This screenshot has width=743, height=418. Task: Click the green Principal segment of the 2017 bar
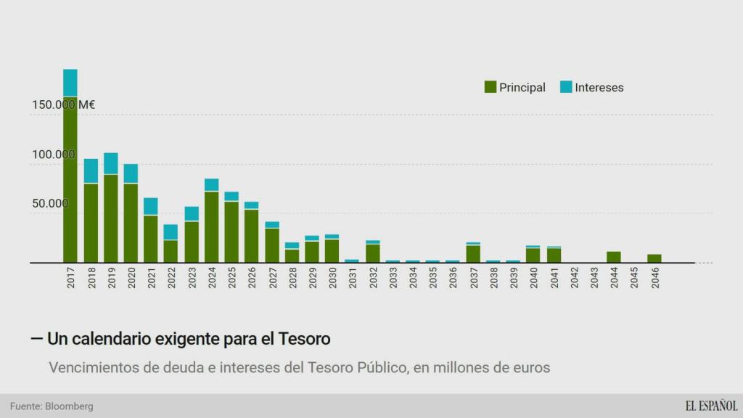coord(70,181)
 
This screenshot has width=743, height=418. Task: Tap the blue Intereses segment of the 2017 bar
coord(70,82)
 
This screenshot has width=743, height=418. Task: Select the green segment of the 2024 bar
coord(212,226)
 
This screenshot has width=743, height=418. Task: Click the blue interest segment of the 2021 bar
coord(151,206)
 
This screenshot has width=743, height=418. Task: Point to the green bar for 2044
coord(614,257)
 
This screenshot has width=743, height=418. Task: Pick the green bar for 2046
coord(654,258)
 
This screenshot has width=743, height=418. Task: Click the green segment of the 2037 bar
coord(473,253)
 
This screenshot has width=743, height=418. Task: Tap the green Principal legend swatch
coord(490,87)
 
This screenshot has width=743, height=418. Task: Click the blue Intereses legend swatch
coord(566,87)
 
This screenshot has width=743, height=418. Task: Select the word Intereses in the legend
coord(599,88)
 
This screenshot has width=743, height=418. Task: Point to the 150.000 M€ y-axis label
coord(64,104)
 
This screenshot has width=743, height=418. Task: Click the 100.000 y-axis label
coord(54,155)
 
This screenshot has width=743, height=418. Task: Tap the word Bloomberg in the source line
coord(69,406)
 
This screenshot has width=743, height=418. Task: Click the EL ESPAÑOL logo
coord(711,406)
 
